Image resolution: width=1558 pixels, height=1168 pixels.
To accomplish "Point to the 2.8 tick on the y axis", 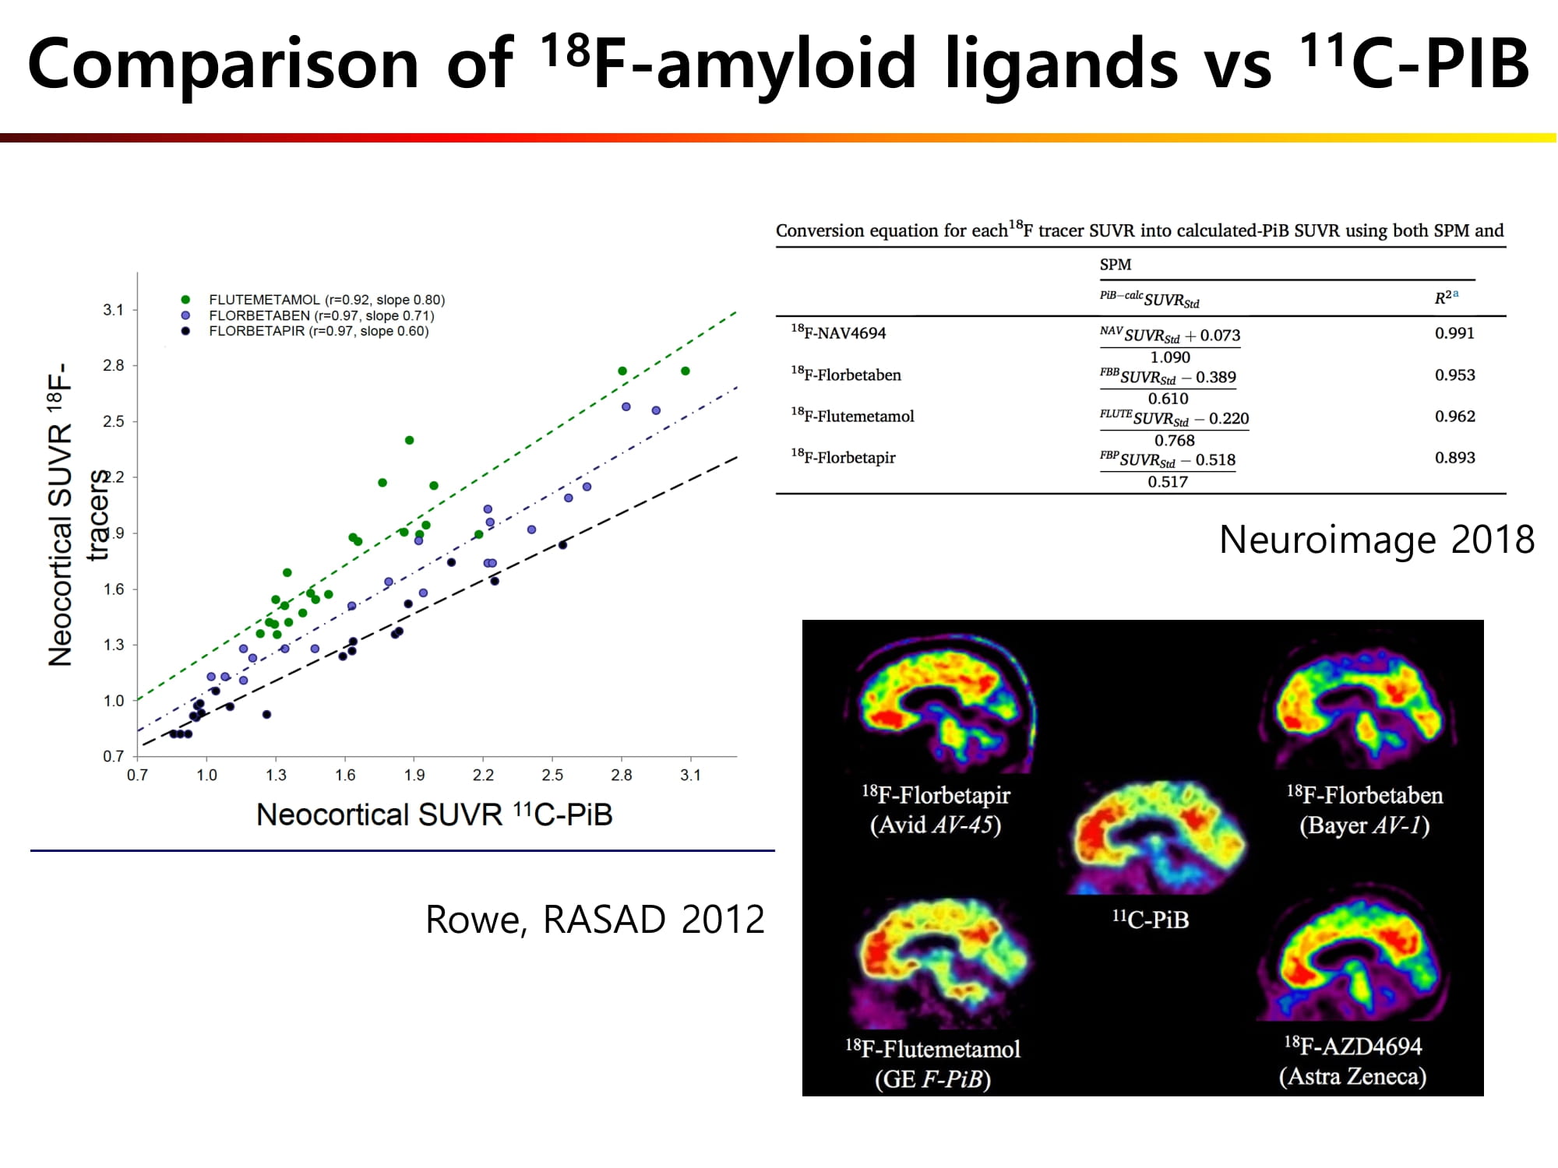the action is point(114,365).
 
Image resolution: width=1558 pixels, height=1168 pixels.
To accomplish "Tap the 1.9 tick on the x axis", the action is point(414,775).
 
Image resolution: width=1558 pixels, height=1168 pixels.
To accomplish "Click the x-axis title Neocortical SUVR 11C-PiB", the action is point(435,814).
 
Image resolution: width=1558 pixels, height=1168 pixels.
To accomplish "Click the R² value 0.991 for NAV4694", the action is point(1454,333).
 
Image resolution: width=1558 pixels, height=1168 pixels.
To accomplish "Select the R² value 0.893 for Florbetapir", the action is point(1454,458).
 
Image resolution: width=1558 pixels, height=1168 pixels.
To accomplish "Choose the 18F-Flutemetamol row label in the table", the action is point(852,416).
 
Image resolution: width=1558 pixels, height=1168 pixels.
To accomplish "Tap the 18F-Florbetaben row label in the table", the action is point(845,375).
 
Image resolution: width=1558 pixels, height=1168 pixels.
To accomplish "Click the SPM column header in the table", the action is point(1116,265).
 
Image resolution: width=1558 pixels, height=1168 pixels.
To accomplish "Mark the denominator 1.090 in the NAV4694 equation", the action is point(1170,357).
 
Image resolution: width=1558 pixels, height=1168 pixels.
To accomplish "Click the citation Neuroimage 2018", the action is point(1376,540).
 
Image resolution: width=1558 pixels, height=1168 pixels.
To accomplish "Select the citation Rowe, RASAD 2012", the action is point(595,920).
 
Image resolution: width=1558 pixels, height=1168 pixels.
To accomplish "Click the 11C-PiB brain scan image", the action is point(1154,838).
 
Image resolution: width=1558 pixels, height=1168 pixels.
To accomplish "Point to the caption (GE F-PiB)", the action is point(932,1079).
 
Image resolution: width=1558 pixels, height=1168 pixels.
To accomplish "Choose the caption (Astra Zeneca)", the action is point(1352,1076).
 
